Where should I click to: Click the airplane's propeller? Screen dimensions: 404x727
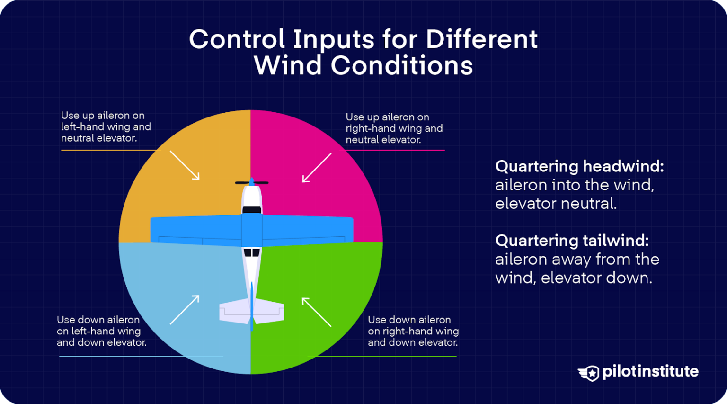(252, 182)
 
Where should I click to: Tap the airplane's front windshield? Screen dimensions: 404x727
(252, 209)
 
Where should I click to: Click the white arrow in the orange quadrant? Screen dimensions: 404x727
(185, 165)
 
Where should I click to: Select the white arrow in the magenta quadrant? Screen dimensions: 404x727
(317, 168)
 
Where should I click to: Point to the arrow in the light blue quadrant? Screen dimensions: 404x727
(185, 310)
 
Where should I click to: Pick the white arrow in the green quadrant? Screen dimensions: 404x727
(317, 312)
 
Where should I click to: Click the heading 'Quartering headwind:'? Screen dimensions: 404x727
(579, 166)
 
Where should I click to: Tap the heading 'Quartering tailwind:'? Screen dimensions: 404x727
(572, 241)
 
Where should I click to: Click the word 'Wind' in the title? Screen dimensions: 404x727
(288, 65)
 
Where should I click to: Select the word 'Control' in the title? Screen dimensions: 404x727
(237, 39)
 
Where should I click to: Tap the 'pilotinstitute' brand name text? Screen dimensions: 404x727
(650, 372)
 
